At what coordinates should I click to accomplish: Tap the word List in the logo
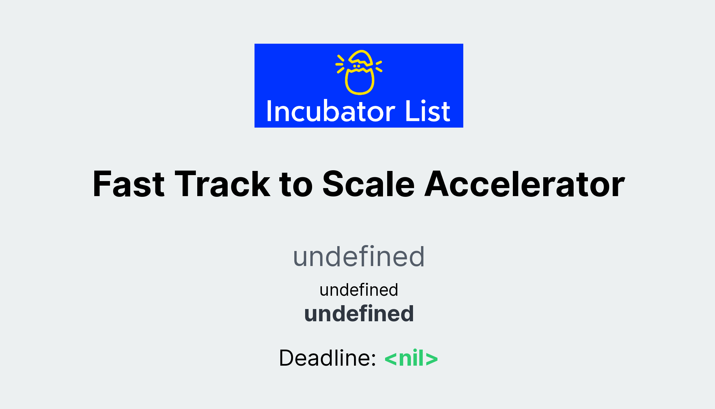pyautogui.click(x=428, y=112)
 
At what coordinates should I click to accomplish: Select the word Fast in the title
pyautogui.click(x=128, y=184)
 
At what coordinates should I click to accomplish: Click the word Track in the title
pyautogui.click(x=222, y=184)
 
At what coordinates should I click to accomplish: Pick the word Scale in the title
pyautogui.click(x=368, y=184)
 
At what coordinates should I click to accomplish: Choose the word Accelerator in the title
pyautogui.click(x=524, y=184)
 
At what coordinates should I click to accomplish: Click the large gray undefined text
pyautogui.click(x=359, y=257)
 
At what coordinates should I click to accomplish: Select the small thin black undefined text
pyautogui.click(x=359, y=290)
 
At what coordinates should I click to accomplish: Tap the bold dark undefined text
pyautogui.click(x=359, y=314)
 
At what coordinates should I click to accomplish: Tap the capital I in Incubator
pyautogui.click(x=269, y=112)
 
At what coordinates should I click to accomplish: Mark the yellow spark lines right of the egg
pyautogui.click(x=379, y=66)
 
